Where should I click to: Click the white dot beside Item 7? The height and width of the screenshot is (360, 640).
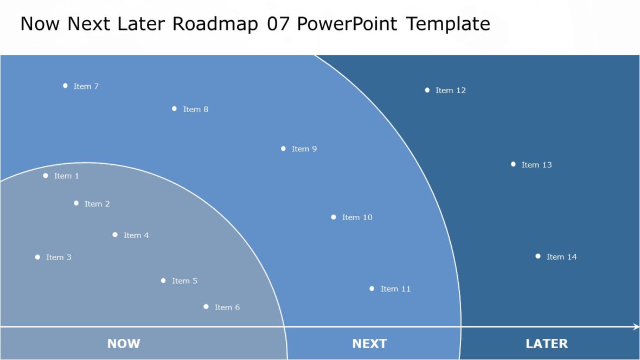coord(65,86)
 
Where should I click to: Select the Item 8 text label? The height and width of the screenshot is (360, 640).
coord(195,110)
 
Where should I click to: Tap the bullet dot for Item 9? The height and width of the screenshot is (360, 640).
coord(283,149)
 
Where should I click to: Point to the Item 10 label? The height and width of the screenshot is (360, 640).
coord(357,217)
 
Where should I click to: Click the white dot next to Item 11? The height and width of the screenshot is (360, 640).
coord(372,288)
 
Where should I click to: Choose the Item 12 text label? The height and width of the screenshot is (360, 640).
coord(450,91)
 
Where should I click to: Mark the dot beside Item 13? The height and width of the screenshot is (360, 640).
coord(513,164)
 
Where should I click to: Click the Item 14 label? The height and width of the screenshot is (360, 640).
coord(561,257)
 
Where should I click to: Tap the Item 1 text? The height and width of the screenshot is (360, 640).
coord(66,176)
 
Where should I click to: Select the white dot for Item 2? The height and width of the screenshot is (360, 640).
coord(76,203)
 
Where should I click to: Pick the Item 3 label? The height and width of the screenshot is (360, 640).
coord(59,258)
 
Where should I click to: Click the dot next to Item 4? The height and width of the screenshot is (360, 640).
coord(115,235)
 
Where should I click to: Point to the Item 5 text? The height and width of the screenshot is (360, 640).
coord(184,281)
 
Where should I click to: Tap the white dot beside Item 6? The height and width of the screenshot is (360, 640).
coord(206,307)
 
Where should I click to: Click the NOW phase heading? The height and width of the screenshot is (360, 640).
coord(124,343)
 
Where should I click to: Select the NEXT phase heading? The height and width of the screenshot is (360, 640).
coord(369,343)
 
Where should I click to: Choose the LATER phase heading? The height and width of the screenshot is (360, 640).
coord(547,343)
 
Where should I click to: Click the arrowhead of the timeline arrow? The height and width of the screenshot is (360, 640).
coord(636,326)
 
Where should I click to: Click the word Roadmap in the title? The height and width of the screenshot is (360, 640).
coord(215,24)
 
